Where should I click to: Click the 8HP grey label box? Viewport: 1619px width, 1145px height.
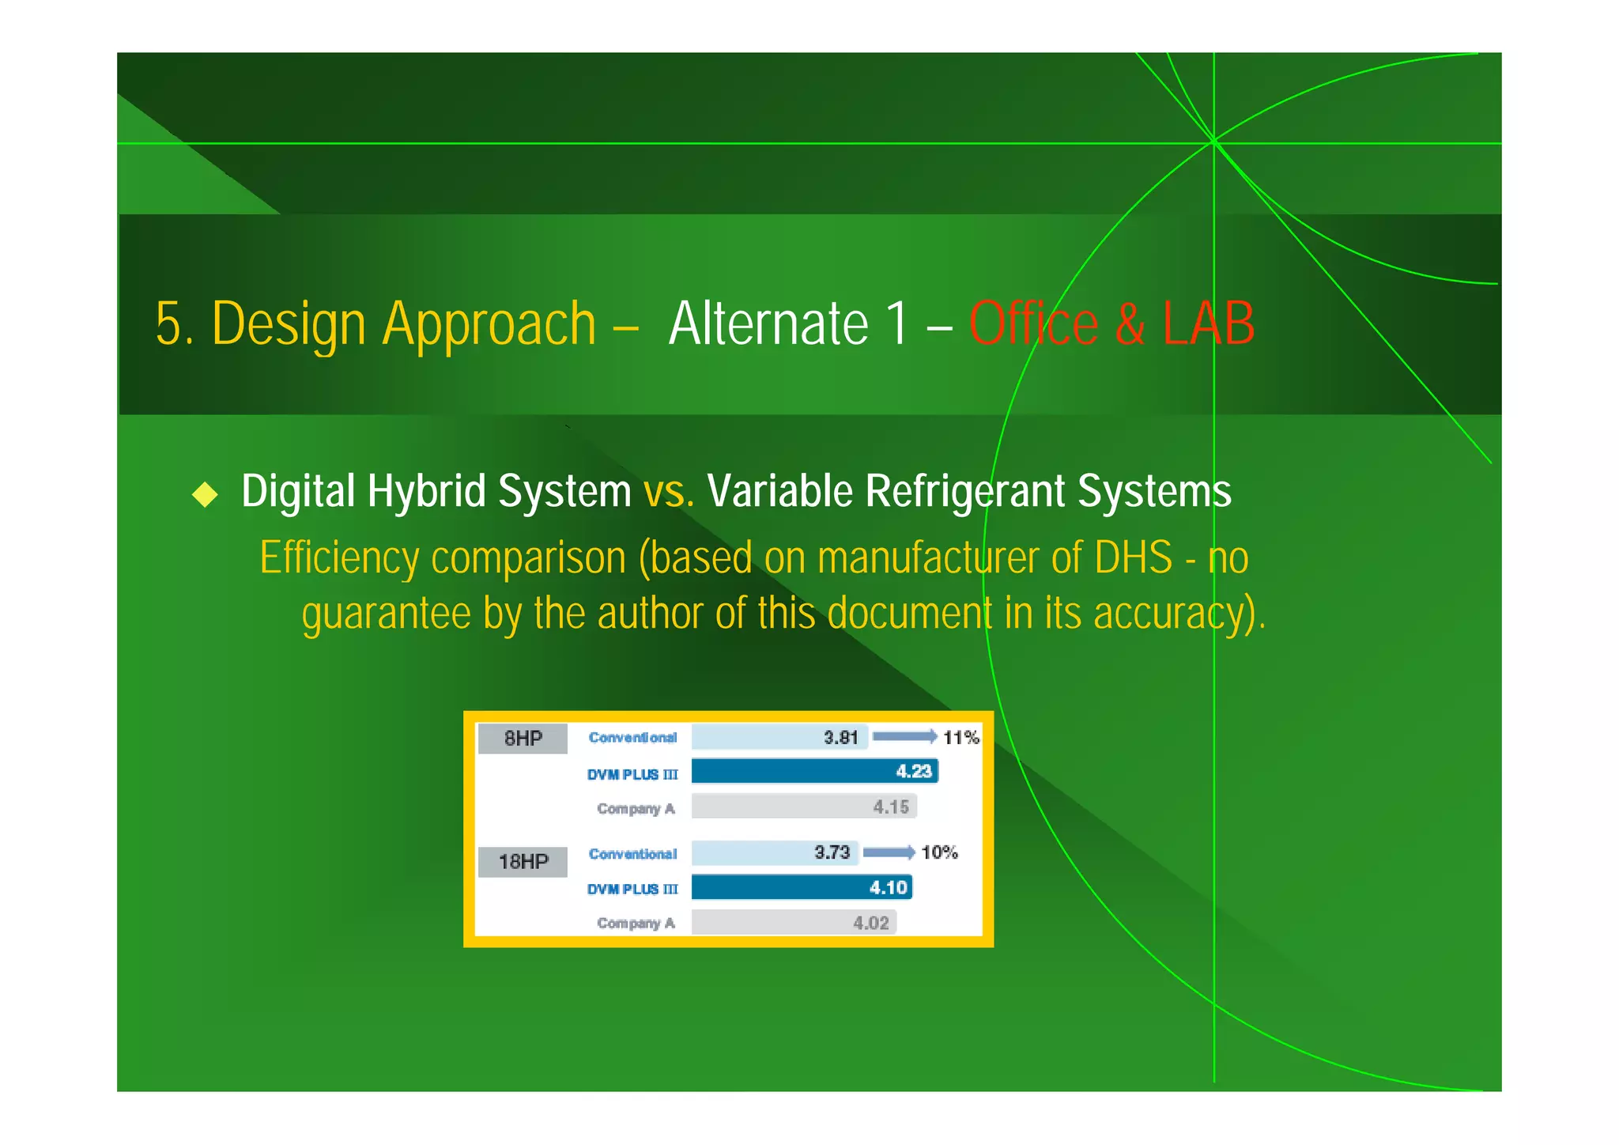523,739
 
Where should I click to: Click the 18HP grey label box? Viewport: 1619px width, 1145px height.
523,861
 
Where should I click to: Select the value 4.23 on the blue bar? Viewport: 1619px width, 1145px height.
913,771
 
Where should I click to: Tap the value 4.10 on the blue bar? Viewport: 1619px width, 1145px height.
888,887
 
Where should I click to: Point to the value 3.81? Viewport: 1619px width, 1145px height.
840,737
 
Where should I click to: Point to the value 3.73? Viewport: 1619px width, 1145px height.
832,852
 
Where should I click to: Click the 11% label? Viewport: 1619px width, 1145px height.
960,738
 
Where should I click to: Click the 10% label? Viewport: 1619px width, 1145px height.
939,852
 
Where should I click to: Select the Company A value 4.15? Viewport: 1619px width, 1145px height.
891,807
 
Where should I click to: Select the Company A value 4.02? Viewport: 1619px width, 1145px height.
871,923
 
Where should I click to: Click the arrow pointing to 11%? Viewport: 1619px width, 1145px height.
904,737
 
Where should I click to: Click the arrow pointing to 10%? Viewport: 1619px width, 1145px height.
889,852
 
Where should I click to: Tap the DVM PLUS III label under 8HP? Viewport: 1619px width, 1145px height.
632,774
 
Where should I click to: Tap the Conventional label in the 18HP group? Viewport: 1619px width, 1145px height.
632,854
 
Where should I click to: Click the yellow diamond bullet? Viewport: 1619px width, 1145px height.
206,494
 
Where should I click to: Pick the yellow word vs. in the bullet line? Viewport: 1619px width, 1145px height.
668,491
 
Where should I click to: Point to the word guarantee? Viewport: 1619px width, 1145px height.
386,614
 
